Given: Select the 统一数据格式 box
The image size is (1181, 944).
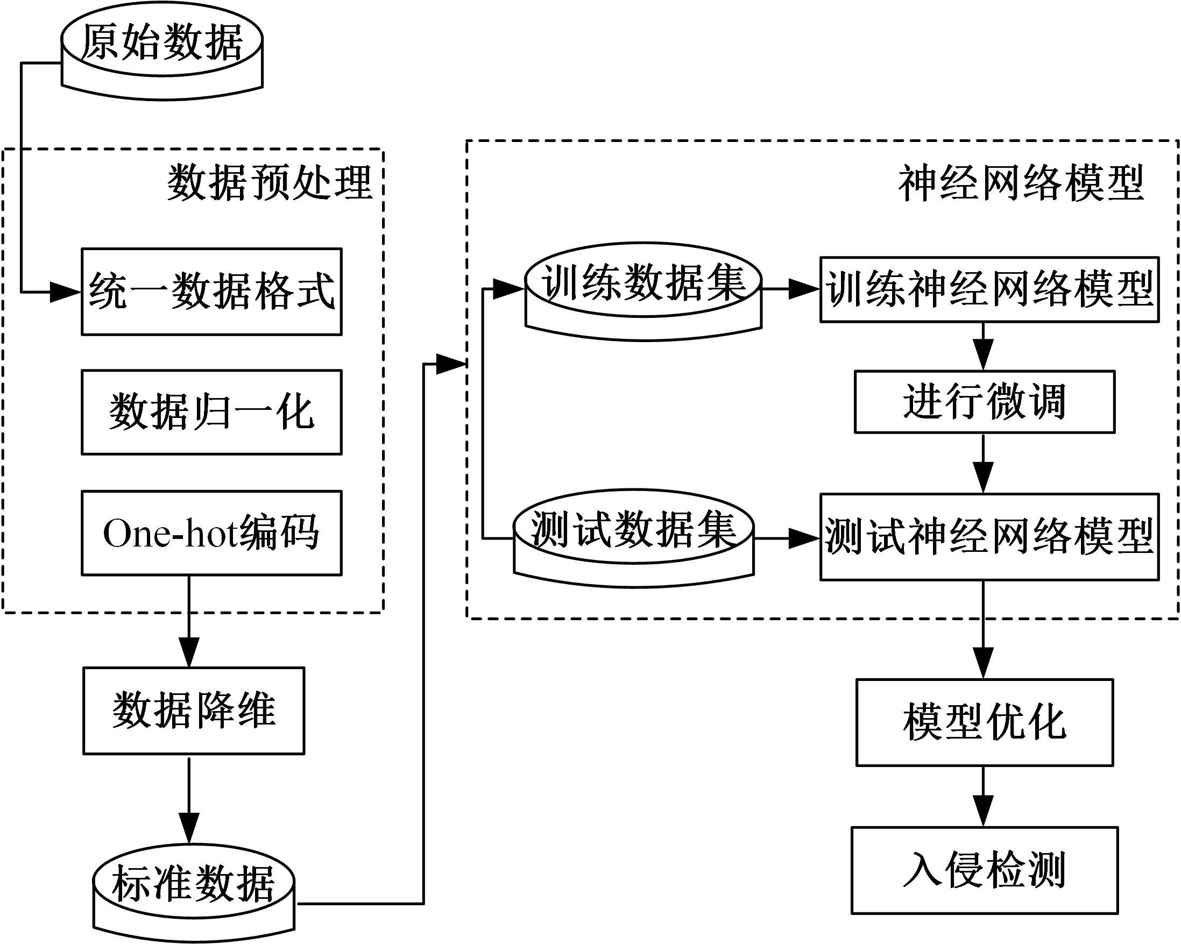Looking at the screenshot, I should point(211,292).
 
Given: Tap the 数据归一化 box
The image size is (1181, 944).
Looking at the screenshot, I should point(211,413).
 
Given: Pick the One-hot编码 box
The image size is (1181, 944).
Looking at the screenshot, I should point(211,533).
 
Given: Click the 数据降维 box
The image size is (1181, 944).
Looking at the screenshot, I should point(194,711).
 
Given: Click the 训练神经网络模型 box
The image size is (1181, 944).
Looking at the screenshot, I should point(989,289).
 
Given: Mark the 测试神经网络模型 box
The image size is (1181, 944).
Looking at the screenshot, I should point(989,537).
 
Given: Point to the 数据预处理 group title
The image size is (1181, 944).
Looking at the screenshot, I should point(270,182).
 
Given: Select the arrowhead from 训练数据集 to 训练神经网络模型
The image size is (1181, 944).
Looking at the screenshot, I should point(804,288).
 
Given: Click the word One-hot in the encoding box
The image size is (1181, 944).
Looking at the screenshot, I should point(170,533).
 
